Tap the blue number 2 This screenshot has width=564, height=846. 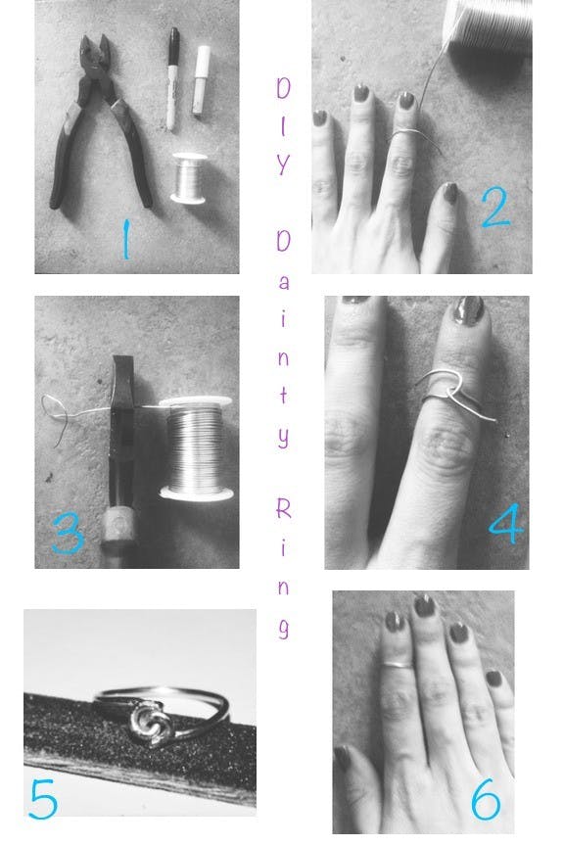pyautogui.click(x=495, y=206)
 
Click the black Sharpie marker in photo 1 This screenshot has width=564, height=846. pyautogui.click(x=170, y=79)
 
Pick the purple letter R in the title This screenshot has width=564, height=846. pyautogui.click(x=282, y=508)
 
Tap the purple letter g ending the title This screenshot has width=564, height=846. pyautogui.click(x=282, y=628)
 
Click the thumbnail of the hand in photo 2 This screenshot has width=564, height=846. pyautogui.click(x=448, y=192)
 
